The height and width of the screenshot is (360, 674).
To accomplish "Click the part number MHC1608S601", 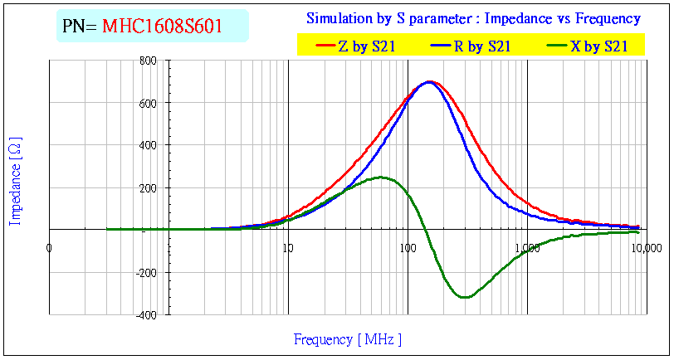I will tap(162, 27).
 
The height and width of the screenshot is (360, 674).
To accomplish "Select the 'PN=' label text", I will tap(81, 27).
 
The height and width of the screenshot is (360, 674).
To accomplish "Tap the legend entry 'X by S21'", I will tap(598, 46).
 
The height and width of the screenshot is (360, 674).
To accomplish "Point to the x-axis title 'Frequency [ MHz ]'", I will tap(347, 339).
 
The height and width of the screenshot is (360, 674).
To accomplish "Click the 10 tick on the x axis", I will tap(288, 248).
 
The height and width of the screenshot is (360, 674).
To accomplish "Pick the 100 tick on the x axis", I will tap(407, 248).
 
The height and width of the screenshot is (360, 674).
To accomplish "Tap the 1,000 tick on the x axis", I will tap(527, 248).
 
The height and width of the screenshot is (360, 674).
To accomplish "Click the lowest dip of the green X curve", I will tap(465, 297).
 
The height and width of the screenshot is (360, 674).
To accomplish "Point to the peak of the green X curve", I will tap(382, 177).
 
